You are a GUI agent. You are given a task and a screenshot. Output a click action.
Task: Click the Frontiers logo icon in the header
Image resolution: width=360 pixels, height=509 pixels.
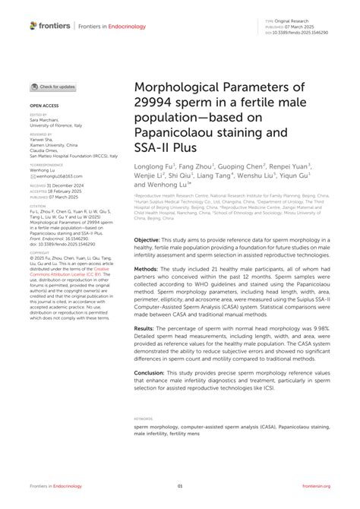click(33, 25)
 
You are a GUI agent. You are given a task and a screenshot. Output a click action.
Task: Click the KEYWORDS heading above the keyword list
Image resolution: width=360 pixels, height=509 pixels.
click(143, 418)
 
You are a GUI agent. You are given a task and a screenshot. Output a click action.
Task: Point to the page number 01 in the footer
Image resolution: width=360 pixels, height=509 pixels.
click(180, 485)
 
